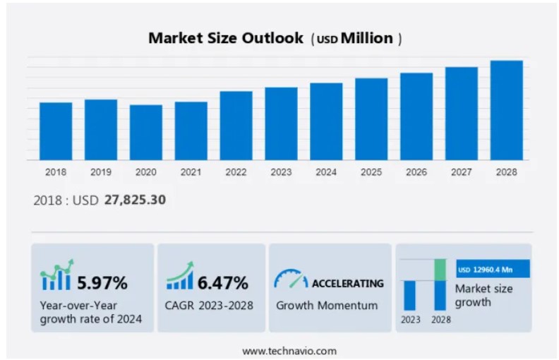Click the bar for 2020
[x=146, y=133]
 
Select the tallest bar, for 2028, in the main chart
[x=506, y=110]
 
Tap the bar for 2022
[x=236, y=126]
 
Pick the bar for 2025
[x=371, y=119]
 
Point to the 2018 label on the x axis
[x=56, y=172]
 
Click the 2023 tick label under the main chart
[x=281, y=172]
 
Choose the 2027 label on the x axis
[x=461, y=172]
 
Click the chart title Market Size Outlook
[x=226, y=38]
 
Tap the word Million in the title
[x=367, y=38]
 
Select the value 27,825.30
[x=135, y=200]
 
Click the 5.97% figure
[x=102, y=283]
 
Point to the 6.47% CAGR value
[x=222, y=283]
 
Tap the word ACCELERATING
[x=348, y=283]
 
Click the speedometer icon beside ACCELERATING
[x=290, y=280]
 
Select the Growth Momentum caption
[x=327, y=306]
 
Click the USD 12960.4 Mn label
[x=488, y=269]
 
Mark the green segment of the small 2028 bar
[x=440, y=270]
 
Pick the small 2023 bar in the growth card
[x=409, y=295]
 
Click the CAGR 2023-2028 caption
[x=210, y=306]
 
